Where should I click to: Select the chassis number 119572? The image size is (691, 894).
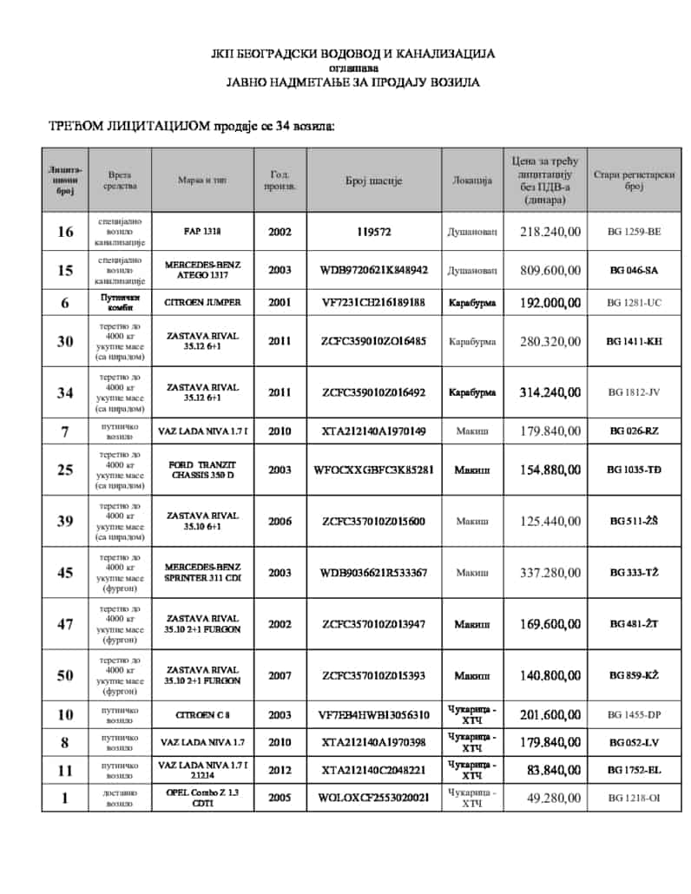[373, 232]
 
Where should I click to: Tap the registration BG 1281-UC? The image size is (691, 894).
[634, 302]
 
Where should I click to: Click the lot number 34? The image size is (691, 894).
[65, 392]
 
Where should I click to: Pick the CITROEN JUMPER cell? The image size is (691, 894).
[202, 302]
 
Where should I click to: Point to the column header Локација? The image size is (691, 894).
[472, 181]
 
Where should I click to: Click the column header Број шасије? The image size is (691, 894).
[373, 181]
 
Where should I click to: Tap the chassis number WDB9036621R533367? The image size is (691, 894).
[373, 572]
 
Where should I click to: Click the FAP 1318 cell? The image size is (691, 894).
[202, 232]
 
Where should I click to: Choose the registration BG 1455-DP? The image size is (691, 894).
[634, 715]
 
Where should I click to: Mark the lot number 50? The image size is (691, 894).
[65, 674]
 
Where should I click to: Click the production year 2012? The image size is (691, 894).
[280, 770]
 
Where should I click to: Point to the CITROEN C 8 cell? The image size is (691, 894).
[202, 715]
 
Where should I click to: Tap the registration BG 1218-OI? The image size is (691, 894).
[634, 798]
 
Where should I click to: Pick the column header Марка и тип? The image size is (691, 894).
[202, 181]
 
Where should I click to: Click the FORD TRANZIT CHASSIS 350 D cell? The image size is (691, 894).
[202, 470]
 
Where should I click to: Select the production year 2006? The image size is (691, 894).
[280, 521]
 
